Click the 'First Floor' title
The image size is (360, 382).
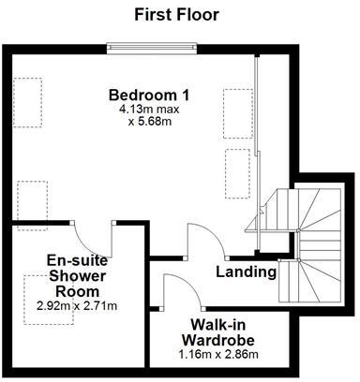click(x=176, y=14)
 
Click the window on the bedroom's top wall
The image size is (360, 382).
click(x=153, y=44)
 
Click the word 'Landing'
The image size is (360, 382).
click(x=246, y=272)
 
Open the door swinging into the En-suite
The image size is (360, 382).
click(x=95, y=234)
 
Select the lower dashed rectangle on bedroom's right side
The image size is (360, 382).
click(x=236, y=170)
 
